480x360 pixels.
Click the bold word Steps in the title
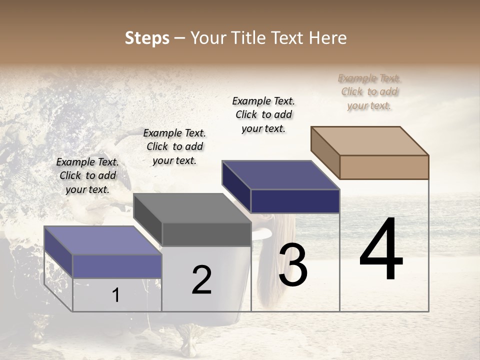[x=147, y=38]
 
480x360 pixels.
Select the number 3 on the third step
[x=292, y=265]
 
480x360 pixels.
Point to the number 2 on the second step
[x=201, y=280]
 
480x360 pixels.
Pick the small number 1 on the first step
[x=116, y=295]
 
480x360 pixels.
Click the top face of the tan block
[x=370, y=140]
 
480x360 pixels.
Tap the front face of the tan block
[x=384, y=167]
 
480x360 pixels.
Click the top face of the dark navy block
[x=280, y=175]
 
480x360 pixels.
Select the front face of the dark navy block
[x=295, y=201]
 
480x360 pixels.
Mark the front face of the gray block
[x=206, y=234]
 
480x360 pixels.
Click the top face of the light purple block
[x=102, y=240]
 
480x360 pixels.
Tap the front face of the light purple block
[x=117, y=265]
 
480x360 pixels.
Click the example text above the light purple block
[x=87, y=175]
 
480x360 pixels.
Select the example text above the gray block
[x=174, y=146]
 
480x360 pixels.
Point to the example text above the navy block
[x=263, y=114]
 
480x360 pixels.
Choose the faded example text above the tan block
[x=369, y=91]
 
